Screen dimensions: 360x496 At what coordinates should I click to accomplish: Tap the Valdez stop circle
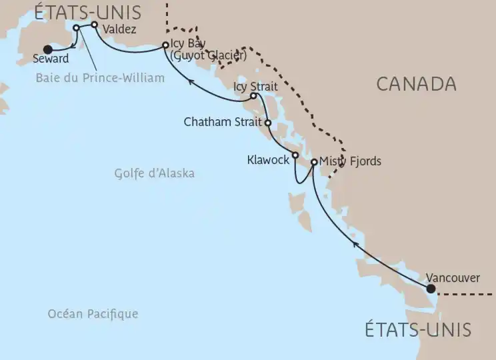(94, 25)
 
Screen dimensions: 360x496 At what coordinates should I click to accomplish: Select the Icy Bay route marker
(165, 45)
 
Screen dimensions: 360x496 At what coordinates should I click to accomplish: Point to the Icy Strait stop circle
(253, 96)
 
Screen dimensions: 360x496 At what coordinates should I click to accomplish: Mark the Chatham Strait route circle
(267, 123)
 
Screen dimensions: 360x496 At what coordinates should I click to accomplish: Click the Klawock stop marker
(295, 155)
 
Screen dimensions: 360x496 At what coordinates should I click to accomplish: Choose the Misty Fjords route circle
(314, 161)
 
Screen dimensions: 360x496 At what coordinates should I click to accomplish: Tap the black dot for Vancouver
(431, 289)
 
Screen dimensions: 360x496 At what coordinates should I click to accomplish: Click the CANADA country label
(416, 84)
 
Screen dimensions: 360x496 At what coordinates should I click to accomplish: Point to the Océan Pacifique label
(93, 313)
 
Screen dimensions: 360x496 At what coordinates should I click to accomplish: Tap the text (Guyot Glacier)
(209, 57)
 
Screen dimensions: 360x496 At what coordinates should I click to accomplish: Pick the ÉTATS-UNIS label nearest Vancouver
(418, 329)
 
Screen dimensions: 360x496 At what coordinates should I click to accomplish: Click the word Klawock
(267, 160)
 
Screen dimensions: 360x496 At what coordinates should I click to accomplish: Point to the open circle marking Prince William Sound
(76, 28)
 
